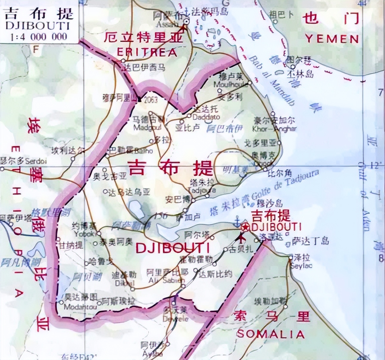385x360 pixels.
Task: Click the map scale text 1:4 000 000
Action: pyautogui.click(x=39, y=37)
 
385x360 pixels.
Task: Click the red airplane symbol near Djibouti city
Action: pyautogui.click(x=241, y=238)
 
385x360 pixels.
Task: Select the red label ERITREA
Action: pyautogui.click(x=147, y=52)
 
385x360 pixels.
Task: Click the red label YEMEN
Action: pyautogui.click(x=332, y=39)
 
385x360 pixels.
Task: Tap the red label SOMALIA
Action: pyautogui.click(x=271, y=334)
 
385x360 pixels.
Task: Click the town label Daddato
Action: pyautogui.click(x=206, y=117)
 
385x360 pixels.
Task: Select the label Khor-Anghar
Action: pyautogui.click(x=274, y=129)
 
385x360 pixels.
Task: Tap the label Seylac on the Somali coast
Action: pyautogui.click(x=301, y=265)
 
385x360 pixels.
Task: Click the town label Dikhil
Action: pyautogui.click(x=124, y=282)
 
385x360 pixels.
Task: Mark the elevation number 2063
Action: pyautogui.click(x=150, y=100)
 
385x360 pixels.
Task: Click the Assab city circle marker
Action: pyautogui.click(x=187, y=21)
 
